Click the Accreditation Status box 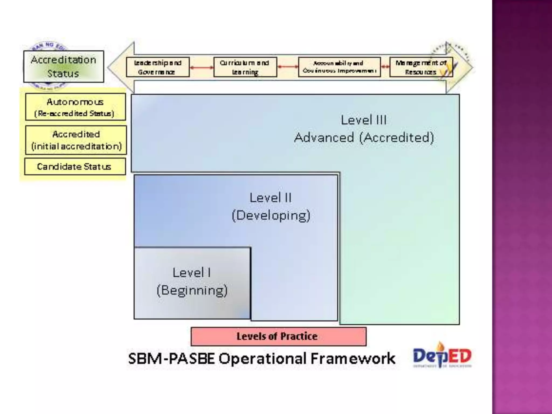(64, 67)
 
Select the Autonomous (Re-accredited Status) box (75, 107)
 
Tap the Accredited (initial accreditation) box (76, 140)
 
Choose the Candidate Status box (75, 167)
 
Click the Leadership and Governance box (158, 67)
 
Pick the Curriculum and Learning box (245, 67)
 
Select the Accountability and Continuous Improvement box (339, 67)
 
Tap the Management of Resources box (421, 67)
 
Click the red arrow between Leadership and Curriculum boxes (202, 67)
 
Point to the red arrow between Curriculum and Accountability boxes (288, 67)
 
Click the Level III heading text (364, 120)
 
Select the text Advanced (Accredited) (364, 137)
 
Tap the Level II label (271, 198)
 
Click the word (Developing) (271, 215)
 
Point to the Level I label (192, 272)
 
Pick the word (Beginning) (192, 290)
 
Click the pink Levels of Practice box (278, 336)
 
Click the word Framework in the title (353, 358)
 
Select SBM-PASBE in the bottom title (171, 358)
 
